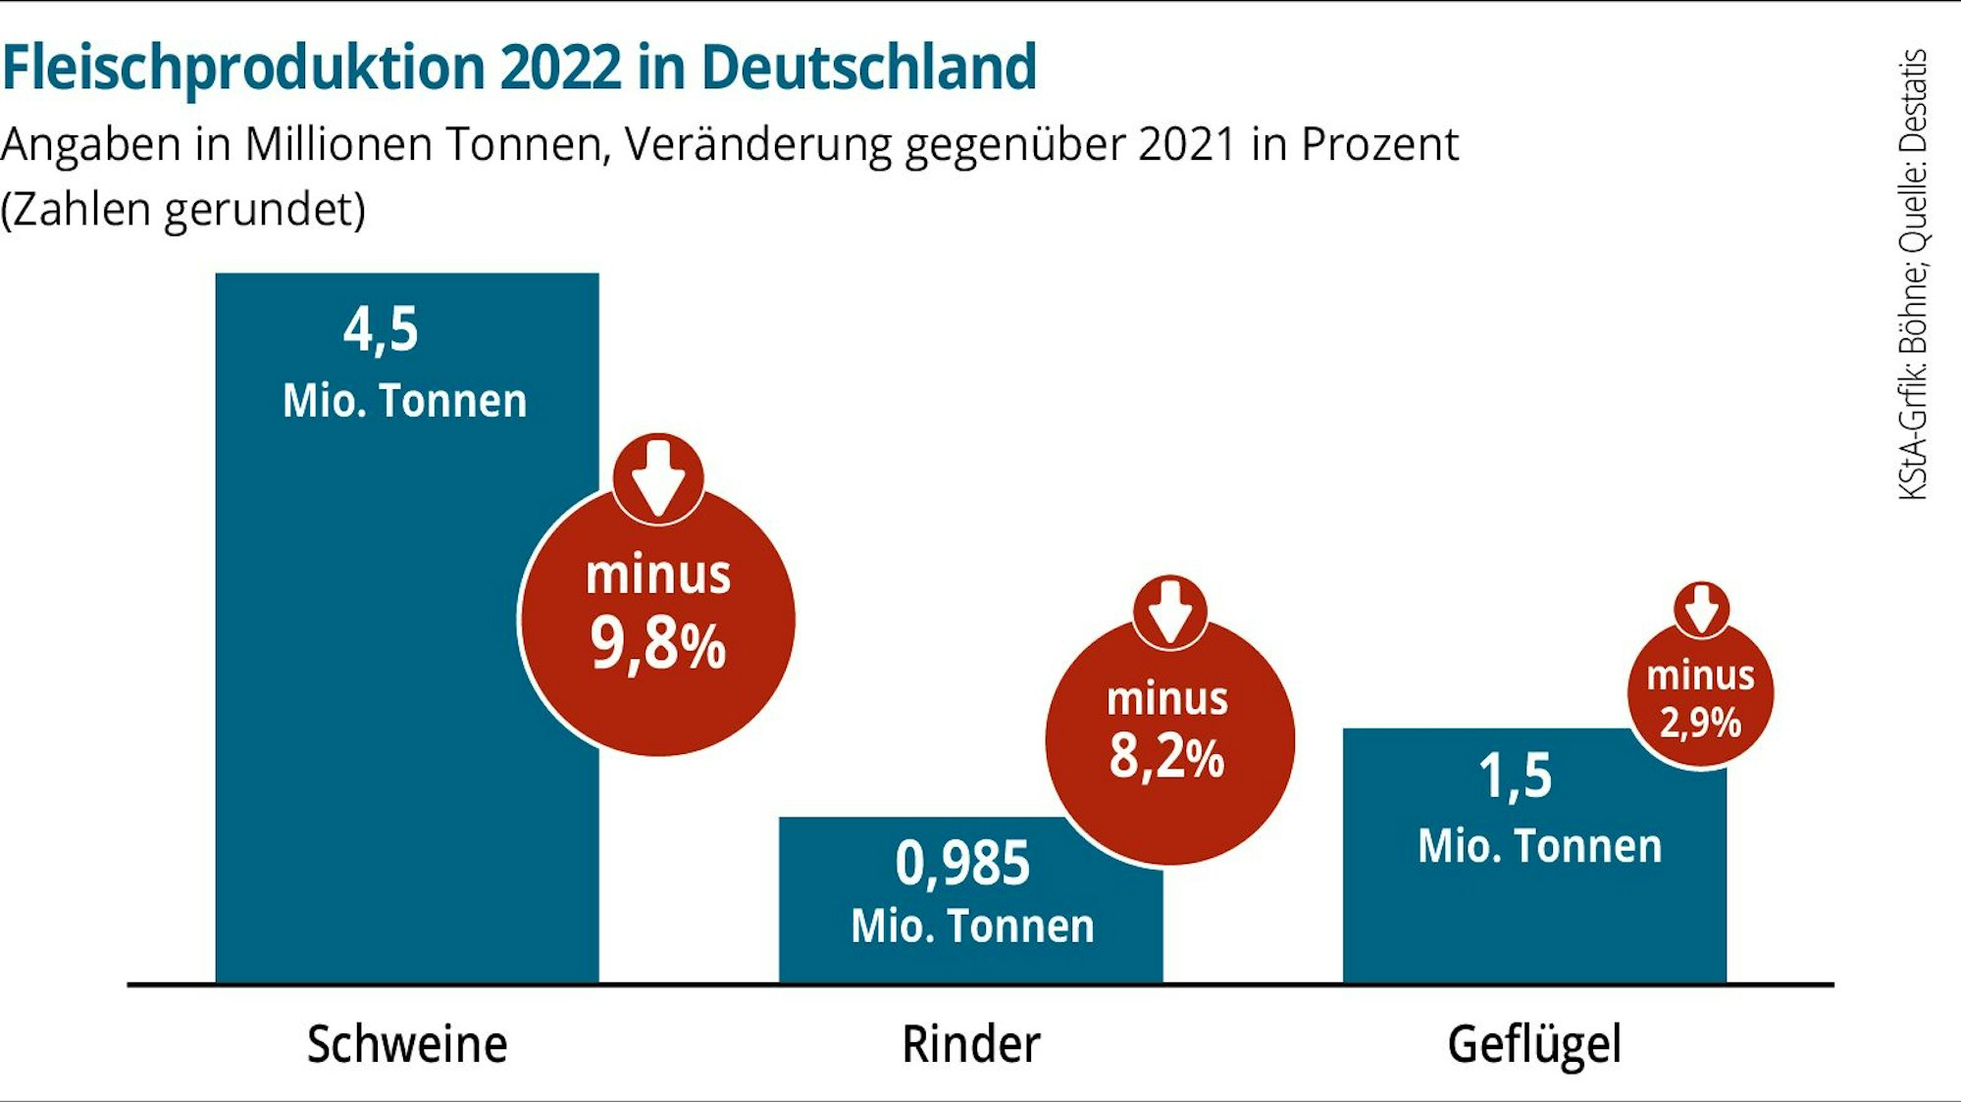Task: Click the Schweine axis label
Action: [406, 1044]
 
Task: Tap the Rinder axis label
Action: [970, 1044]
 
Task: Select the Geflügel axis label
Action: [1534, 1045]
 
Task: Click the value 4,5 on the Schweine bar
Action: [381, 329]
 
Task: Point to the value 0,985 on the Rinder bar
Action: [962, 864]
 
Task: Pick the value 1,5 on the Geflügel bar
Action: [1515, 776]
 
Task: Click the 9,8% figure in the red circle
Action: [657, 645]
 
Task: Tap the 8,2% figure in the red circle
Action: [1166, 757]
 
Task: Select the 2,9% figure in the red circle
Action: [1700, 724]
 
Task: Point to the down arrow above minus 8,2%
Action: [1169, 611]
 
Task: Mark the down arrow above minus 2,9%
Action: [1701, 609]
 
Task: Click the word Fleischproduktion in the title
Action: [243, 69]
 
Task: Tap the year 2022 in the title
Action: [560, 69]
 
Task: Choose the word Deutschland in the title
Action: [868, 69]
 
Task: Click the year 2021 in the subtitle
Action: [1186, 145]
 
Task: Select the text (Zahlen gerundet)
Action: [183, 210]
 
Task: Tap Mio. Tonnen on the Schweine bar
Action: [404, 401]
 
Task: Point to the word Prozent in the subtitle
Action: [1379, 145]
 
